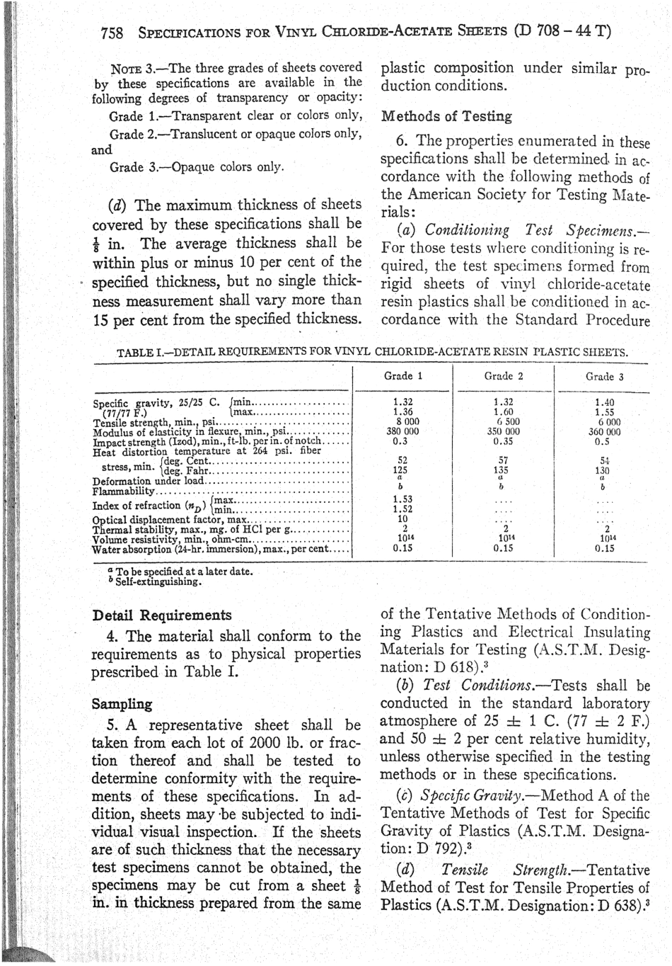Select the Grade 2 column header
pyautogui.click(x=503, y=376)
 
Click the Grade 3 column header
pyautogui.click(x=604, y=377)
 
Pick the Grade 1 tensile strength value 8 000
pyautogui.click(x=402, y=421)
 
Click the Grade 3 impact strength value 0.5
pyautogui.click(x=603, y=440)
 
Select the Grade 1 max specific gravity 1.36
pyautogui.click(x=402, y=411)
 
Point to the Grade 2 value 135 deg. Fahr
pyautogui.click(x=501, y=469)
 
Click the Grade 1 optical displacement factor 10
pyautogui.click(x=402, y=518)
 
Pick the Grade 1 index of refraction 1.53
pyautogui.click(x=402, y=499)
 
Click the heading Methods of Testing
pyautogui.click(x=446, y=116)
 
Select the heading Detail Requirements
pyautogui.click(x=162, y=615)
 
